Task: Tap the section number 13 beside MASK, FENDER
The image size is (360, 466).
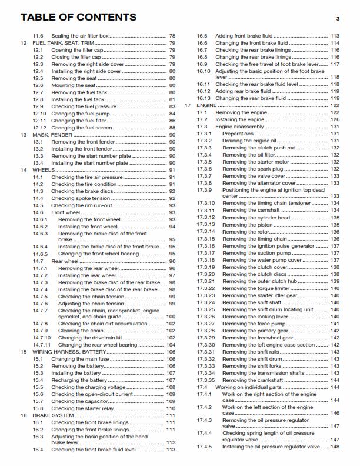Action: pos(24,135)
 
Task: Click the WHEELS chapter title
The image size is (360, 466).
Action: pos(43,169)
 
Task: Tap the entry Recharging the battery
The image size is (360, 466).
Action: pos(79,380)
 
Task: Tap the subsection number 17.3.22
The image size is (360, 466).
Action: pos(206,288)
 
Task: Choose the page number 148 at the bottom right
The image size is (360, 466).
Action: pos(335,447)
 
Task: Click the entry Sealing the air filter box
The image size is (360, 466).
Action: pos(80,36)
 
